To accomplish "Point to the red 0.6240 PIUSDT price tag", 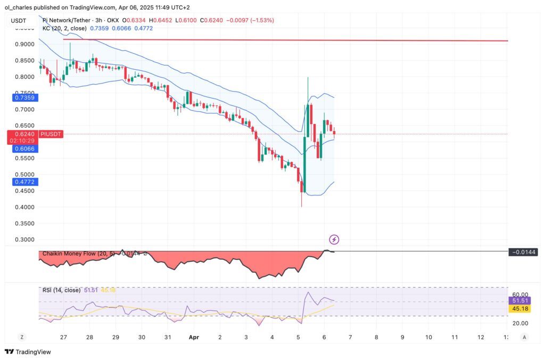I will coord(35,134).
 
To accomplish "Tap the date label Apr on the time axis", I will coord(194,337).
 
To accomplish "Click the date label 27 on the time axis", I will coord(64,337).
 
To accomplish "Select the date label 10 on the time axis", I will coord(428,337).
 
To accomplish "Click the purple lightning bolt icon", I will coord(334,240).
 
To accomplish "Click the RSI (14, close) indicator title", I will coord(61,290).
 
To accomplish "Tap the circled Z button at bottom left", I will coord(22,337).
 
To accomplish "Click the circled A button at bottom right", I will coord(524,337).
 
